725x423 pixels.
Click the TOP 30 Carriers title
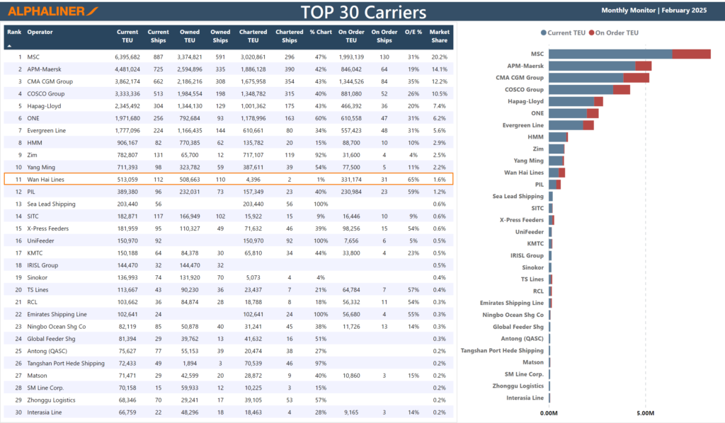362,12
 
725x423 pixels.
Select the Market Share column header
439,36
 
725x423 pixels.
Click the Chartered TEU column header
253,36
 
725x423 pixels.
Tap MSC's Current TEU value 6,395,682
127,57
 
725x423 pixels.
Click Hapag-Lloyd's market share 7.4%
439,106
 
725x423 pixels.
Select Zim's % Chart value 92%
320,155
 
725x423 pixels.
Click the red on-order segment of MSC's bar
690,54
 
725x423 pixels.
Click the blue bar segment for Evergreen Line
565,125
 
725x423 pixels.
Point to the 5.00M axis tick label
645,413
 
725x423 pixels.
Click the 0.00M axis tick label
549,413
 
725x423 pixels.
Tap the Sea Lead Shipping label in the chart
518,197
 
